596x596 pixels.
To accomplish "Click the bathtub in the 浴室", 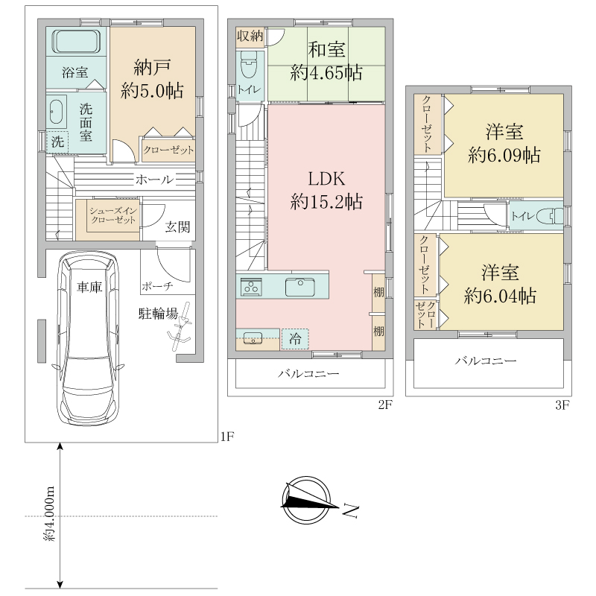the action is coord(76,41).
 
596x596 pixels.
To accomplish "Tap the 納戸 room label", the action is coord(152,68).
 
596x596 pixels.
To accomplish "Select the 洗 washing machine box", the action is coord(57,142).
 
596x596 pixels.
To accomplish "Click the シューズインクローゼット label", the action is coord(113,215).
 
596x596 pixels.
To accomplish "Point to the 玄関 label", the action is coord(177,227).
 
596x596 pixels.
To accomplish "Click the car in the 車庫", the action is coord(89,338).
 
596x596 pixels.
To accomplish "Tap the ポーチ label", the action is coord(157,286).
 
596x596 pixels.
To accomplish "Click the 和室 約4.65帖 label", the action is coord(326,61).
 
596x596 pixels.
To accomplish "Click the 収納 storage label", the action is coord(250,36).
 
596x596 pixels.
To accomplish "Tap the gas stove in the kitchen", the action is coord(251,287).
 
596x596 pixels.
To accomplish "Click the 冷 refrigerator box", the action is coord(295,339).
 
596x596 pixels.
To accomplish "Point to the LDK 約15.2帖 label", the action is coord(326,190).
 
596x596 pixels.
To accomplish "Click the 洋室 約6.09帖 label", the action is coord(504,144).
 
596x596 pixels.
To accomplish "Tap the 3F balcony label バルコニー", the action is coord(486,361).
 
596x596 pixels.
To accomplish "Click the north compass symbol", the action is coord(306,500).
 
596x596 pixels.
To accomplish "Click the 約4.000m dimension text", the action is coord(49,514).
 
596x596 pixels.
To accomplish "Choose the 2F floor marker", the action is coord(384,405).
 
